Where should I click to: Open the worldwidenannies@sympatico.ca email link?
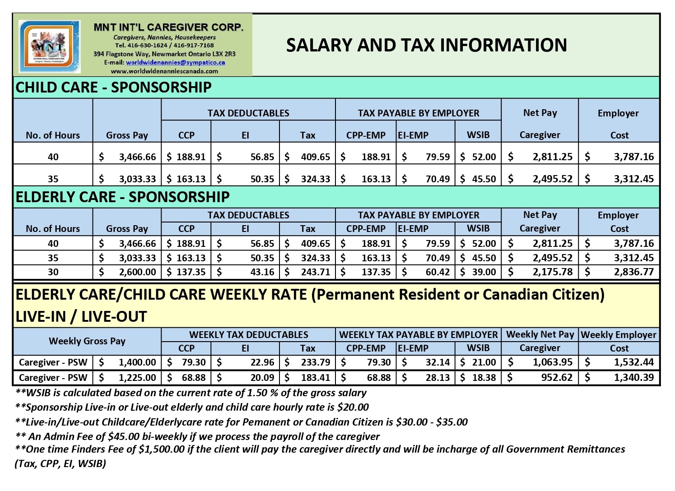[175, 63]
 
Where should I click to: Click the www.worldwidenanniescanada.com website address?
[164, 71]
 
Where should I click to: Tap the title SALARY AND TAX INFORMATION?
[426, 45]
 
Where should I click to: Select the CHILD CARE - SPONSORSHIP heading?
[113, 87]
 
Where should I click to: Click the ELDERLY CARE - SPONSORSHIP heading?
[122, 197]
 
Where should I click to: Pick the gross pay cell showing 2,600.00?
[137, 272]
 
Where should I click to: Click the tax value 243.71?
[315, 272]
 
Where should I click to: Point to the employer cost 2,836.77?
[633, 272]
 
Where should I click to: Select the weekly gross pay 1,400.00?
[137, 362]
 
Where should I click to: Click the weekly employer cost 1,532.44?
[633, 362]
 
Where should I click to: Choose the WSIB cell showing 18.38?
[484, 377]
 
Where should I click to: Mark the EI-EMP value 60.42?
[438, 272]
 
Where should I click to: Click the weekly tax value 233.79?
[315, 362]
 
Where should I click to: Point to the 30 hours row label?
[53, 272]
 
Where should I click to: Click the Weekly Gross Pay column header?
[87, 341]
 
